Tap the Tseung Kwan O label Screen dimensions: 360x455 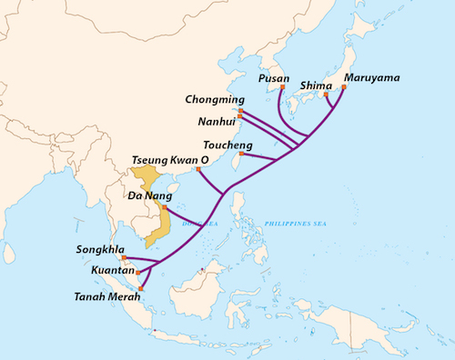coord(171,159)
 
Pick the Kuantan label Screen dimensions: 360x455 coord(96,270)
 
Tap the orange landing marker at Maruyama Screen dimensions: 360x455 coord(344,88)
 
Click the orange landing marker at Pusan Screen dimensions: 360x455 coord(279,89)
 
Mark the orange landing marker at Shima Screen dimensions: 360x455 coord(326,94)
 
